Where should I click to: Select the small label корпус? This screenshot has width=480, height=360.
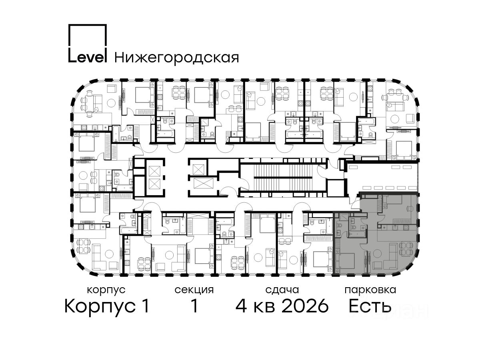pos(106,290)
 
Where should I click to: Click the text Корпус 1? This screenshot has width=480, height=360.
pos(107,306)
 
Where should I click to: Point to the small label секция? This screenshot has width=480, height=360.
pos(194,290)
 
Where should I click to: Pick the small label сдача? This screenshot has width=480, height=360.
pos(282,290)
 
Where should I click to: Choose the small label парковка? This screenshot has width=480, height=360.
pos(370,290)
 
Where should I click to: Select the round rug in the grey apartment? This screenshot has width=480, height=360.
pos(377,253)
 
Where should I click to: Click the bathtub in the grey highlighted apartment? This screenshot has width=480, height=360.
pos(357,234)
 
